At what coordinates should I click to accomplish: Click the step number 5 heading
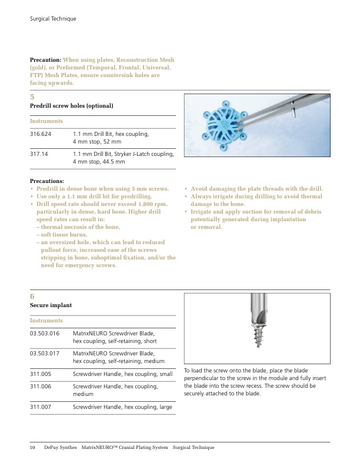coord(32,96)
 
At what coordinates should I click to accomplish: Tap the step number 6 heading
coord(32,296)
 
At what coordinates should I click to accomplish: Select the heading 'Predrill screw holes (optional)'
coord(71,106)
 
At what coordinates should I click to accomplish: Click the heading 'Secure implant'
coord(51,306)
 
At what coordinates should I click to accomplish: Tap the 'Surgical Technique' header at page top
coord(53,19)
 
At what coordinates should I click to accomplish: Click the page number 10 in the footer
coord(33,448)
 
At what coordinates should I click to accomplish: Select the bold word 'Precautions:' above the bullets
coord(47,181)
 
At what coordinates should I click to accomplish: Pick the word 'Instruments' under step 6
coord(46,321)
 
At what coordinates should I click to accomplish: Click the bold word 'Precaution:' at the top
coord(45,60)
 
